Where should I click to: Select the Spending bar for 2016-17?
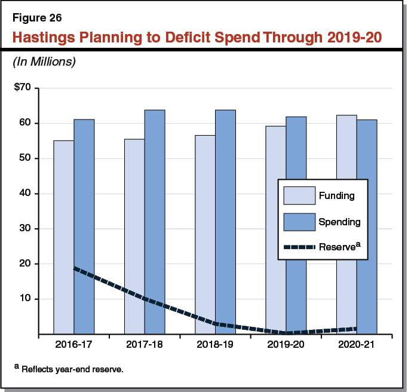84,226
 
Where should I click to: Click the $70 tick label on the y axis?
26,88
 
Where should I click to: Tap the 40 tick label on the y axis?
27,194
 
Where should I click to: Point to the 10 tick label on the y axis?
27,299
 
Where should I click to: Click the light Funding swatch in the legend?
298,196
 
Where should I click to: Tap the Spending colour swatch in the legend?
298,222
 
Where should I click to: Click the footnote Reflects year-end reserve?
72,369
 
